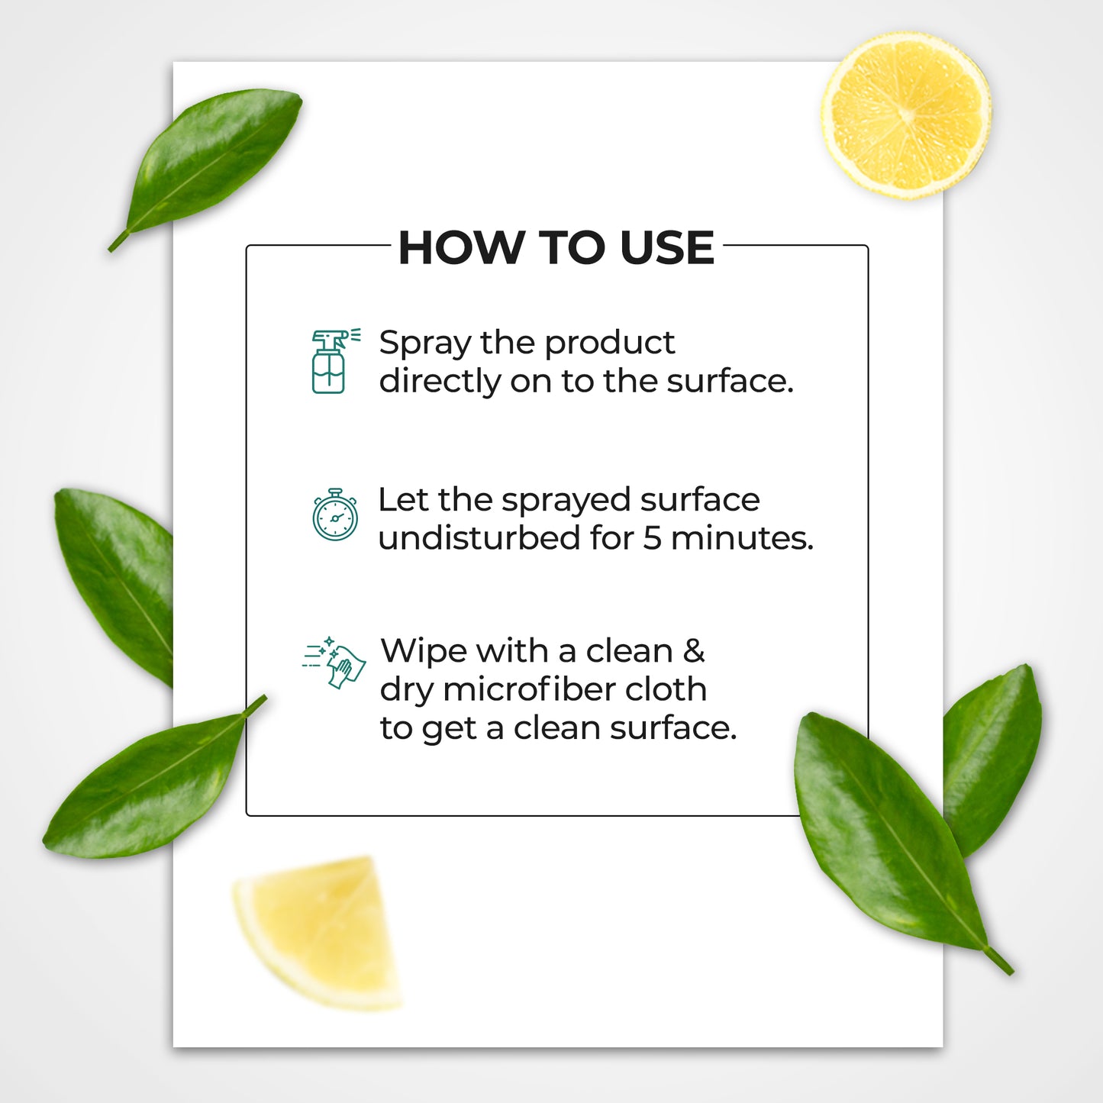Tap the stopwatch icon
click(x=335, y=514)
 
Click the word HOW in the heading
click(x=461, y=248)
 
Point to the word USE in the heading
click(x=667, y=248)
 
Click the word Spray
click(x=424, y=344)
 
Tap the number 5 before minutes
click(x=652, y=538)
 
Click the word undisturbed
click(x=479, y=537)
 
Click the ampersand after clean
click(x=695, y=651)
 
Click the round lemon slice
click(x=906, y=115)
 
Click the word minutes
click(x=742, y=538)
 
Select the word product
click(x=610, y=344)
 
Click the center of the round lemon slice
click(x=906, y=115)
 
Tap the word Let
click(x=403, y=500)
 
